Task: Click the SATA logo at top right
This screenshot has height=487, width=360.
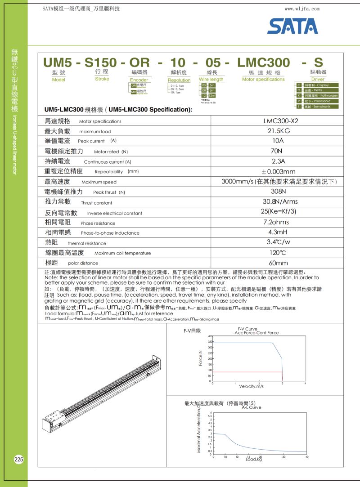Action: point(292,26)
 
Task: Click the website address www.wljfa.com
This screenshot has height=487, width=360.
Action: point(302,9)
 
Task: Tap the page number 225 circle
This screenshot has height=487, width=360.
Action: point(19,460)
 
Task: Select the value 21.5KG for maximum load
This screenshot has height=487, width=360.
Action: point(279,131)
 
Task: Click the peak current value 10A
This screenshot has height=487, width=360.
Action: point(279,141)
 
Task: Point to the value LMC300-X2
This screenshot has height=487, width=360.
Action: point(279,121)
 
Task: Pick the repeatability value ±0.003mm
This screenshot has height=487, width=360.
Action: point(279,171)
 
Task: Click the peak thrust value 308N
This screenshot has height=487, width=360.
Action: point(279,192)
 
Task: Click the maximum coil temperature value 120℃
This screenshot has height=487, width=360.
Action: point(279,253)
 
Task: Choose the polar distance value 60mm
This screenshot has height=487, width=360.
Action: point(279,263)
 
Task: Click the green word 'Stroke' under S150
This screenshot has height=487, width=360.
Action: point(102,79)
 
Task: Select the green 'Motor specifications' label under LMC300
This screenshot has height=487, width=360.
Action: point(263,80)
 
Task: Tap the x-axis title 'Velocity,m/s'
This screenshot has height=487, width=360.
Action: point(252,386)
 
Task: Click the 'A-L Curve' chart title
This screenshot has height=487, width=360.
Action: point(251,407)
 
